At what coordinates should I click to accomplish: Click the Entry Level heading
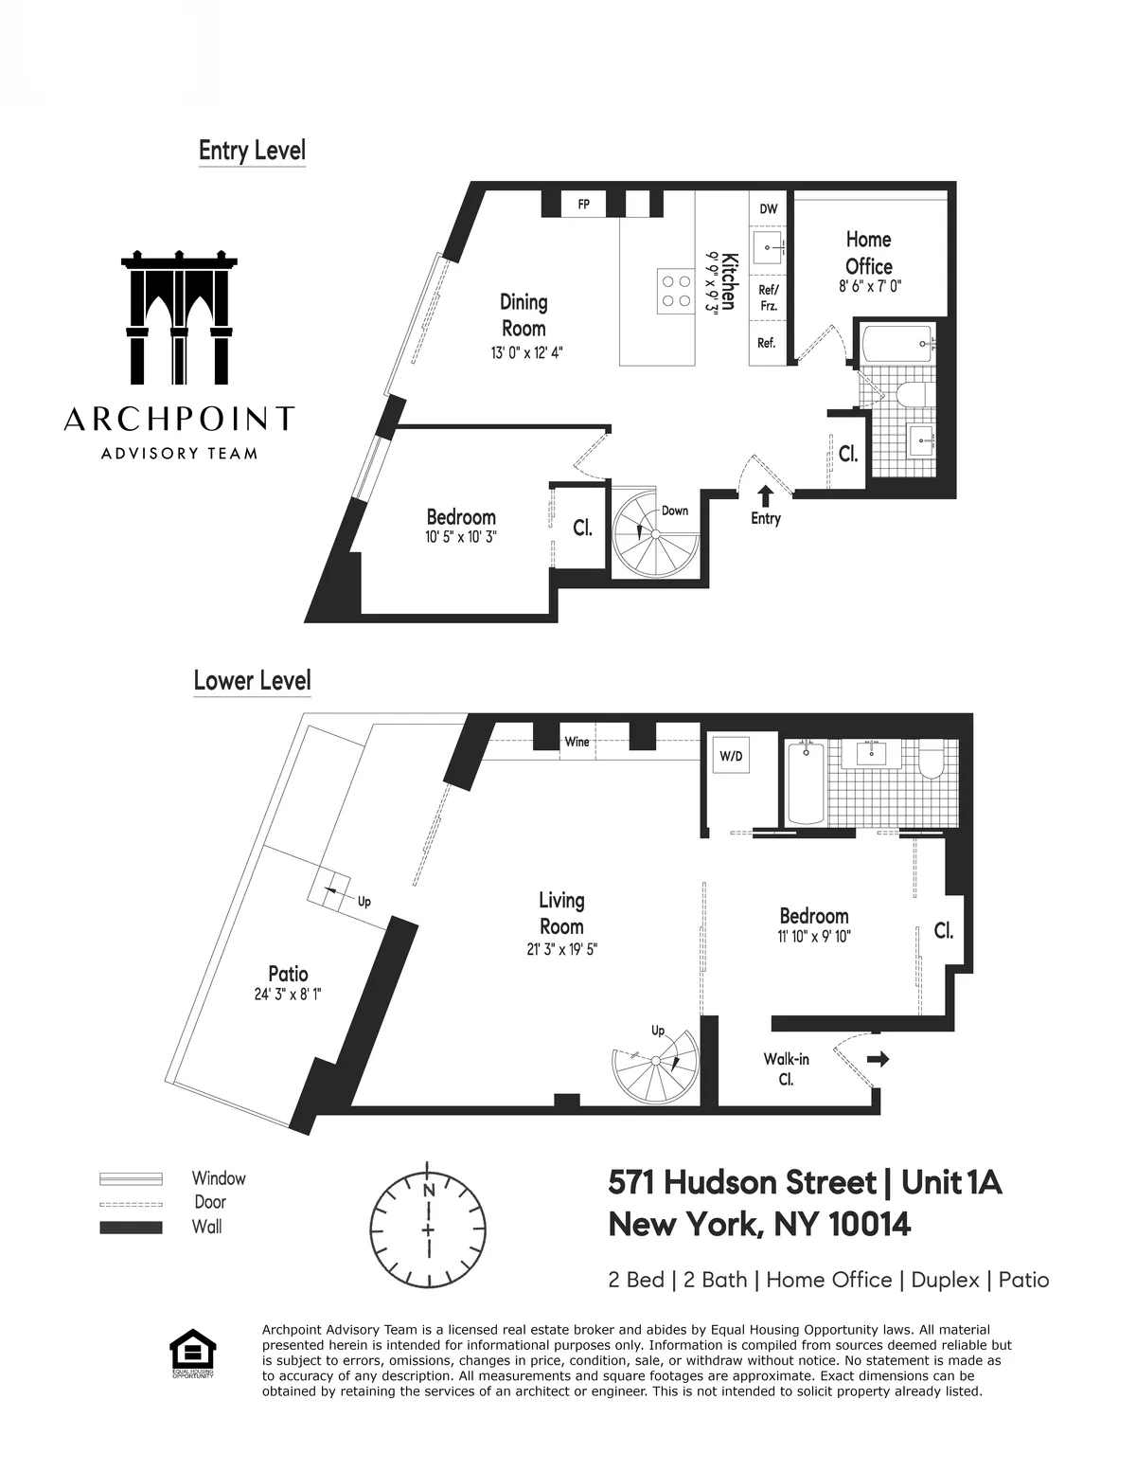pyautogui.click(x=252, y=151)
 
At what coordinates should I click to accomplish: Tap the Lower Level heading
pyautogui.click(x=252, y=680)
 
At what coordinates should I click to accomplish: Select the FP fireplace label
pyautogui.click(x=583, y=204)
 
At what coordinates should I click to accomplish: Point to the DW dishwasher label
pyautogui.click(x=769, y=209)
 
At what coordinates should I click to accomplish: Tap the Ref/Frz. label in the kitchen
pyautogui.click(x=768, y=298)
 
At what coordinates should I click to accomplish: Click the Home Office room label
pyautogui.click(x=869, y=253)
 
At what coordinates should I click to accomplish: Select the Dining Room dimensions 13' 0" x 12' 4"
pyautogui.click(x=523, y=352)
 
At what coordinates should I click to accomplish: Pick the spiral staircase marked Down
pyautogui.click(x=653, y=535)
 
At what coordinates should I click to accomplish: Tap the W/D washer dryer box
pyautogui.click(x=731, y=757)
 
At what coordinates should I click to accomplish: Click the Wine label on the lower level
pyautogui.click(x=577, y=742)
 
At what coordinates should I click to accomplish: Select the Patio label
pyautogui.click(x=288, y=974)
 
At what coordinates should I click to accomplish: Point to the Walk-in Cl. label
pyautogui.click(x=786, y=1068)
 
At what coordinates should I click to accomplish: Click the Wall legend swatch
pyautogui.click(x=131, y=1228)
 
